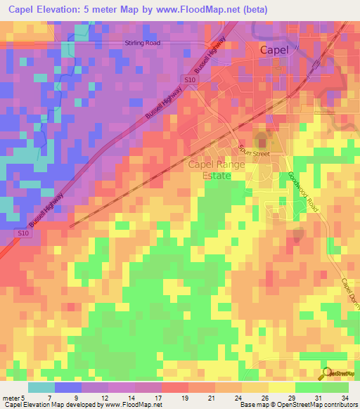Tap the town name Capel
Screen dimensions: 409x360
tap(275, 50)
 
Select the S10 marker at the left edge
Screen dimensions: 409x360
tap(24, 233)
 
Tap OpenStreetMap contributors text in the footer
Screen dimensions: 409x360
tap(321, 405)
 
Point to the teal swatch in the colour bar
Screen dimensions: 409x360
tap(41, 387)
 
